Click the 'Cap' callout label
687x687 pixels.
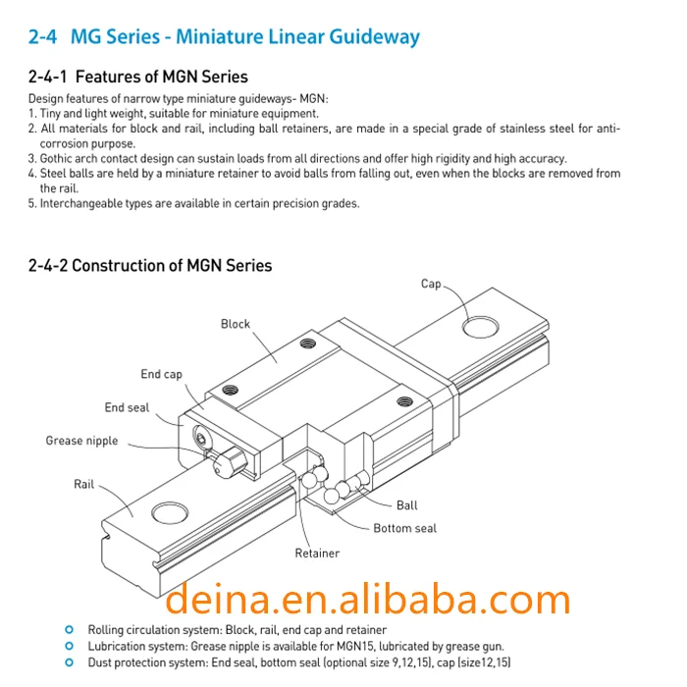coord(431,284)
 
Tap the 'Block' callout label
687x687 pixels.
coord(236,324)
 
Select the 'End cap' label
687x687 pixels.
coord(161,374)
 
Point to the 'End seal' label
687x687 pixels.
coord(127,407)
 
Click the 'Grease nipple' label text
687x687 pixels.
coord(81,441)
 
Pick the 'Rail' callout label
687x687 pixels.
coord(83,484)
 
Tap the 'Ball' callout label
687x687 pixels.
coord(406,505)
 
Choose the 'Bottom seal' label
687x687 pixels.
coord(404,528)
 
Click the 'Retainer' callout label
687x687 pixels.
coord(317,554)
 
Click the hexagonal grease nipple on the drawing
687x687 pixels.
coord(230,462)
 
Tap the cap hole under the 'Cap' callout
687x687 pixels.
coord(481,327)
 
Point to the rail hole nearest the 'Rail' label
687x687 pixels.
coord(170,512)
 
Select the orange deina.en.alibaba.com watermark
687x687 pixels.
coord(368,599)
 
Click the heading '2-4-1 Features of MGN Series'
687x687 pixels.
coord(138,77)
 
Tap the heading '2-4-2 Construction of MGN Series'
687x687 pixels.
coord(150,266)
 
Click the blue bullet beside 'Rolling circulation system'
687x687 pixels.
coord(70,630)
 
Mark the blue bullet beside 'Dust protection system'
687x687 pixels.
coord(70,662)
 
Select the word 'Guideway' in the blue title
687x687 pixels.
coord(374,37)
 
